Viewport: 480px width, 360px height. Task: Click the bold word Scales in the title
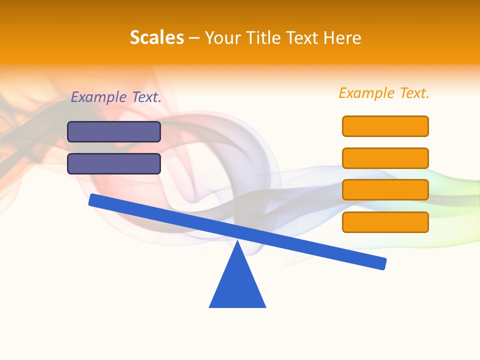[x=156, y=38]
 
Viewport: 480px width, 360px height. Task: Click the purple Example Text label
[x=116, y=97]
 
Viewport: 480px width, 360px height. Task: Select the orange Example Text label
[x=384, y=93]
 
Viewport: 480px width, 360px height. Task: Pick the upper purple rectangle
[x=114, y=132]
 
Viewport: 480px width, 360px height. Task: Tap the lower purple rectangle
[x=114, y=164]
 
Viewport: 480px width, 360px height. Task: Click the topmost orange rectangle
[x=385, y=126]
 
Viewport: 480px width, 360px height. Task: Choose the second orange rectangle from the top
[x=385, y=158]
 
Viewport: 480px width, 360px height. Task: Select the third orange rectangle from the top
[x=385, y=190]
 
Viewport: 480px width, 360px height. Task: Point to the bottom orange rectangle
[x=385, y=222]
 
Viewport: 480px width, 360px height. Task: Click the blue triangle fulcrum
[x=237, y=285]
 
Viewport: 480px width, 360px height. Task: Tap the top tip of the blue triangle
[x=238, y=243]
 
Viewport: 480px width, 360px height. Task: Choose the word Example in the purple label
[x=99, y=97]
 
